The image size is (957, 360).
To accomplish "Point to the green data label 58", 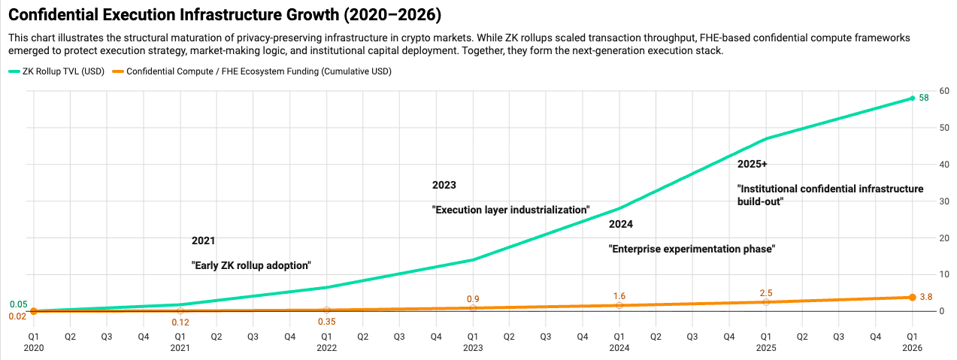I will pos(925,98).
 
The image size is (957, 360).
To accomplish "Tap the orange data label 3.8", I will pos(925,297).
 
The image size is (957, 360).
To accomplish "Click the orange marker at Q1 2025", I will pos(766,301).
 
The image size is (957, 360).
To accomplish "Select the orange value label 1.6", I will pos(619,296).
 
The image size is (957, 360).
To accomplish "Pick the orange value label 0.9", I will pos(473,298).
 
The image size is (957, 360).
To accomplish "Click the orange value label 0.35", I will pos(326,322).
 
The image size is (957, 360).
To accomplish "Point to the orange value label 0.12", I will pos(180,322).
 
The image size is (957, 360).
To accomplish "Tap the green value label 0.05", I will pos(19,304).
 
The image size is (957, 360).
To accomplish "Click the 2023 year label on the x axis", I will pos(473,348).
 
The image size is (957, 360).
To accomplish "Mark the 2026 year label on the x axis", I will pos(912,348).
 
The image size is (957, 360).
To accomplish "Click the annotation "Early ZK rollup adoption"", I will pos(251,265).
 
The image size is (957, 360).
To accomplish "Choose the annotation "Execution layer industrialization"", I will pos(510,210).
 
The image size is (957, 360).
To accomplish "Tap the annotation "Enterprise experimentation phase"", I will pos(691,249).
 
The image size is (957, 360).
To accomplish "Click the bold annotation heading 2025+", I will pos(752,163).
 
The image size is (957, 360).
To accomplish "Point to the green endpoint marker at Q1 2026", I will pos(912,98).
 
